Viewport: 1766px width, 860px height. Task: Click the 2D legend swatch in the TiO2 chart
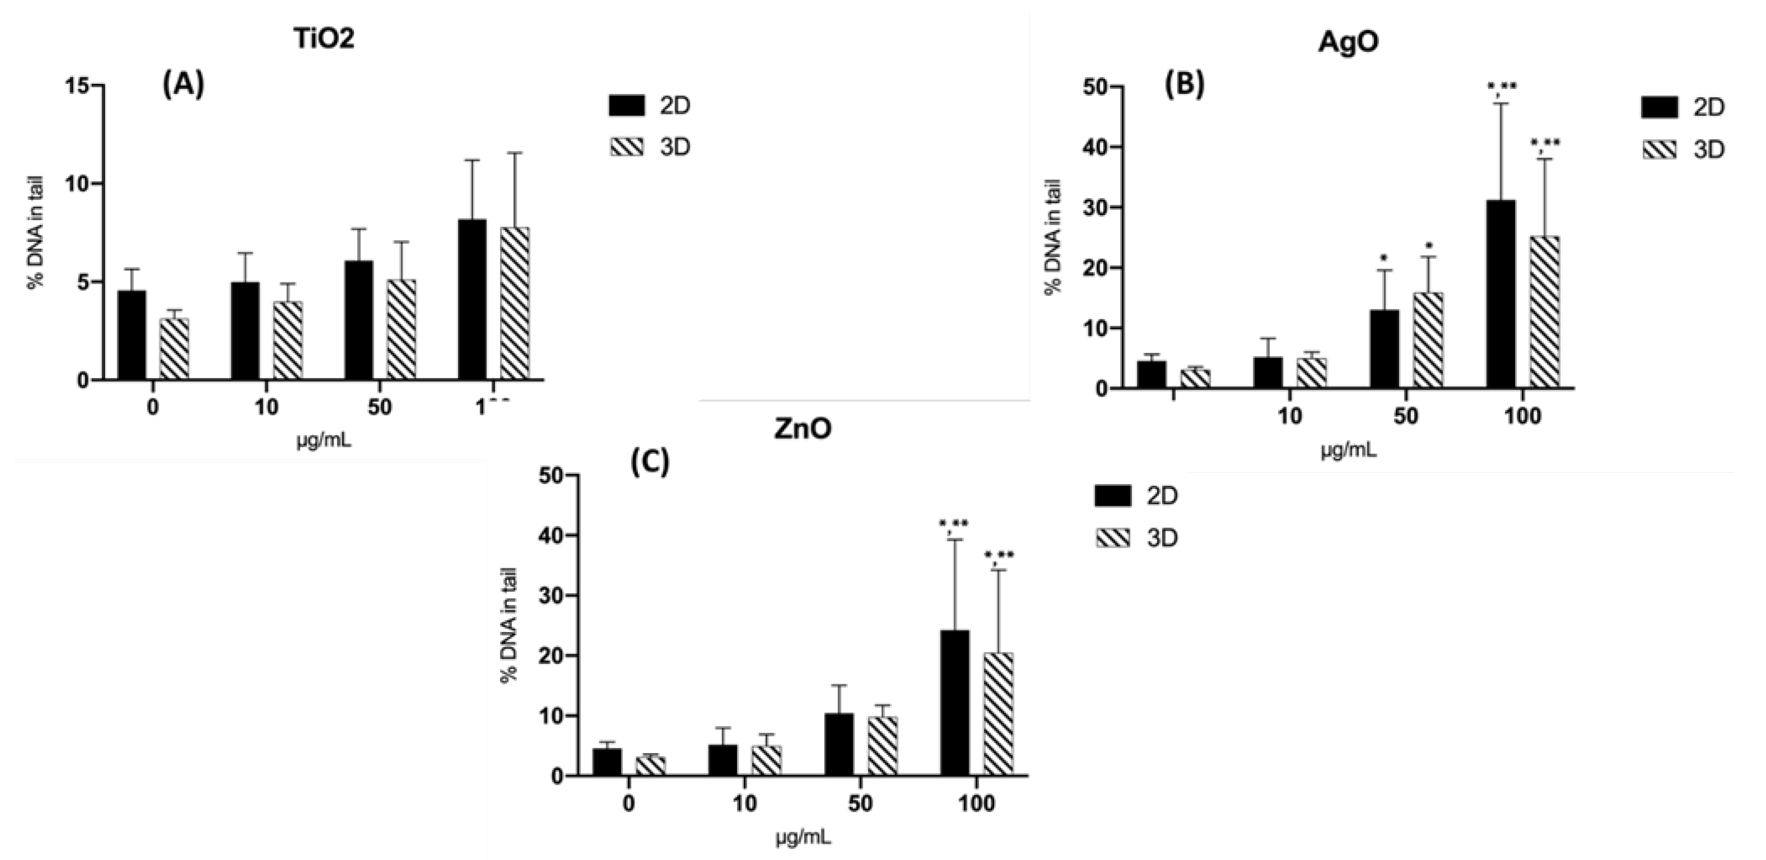point(627,106)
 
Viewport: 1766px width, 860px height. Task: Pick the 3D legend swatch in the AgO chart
point(1660,150)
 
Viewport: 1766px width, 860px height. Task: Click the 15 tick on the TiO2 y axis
point(78,86)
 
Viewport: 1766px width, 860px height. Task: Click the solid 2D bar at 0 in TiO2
point(132,336)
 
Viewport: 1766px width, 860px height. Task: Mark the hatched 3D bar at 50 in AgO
point(1428,340)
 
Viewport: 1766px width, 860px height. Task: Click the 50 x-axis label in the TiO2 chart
point(379,407)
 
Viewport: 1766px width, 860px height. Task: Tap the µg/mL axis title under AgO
point(1349,451)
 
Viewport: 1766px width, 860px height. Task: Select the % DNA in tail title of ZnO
point(508,625)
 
